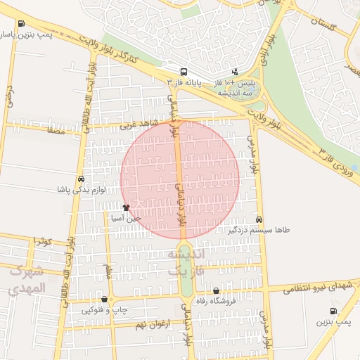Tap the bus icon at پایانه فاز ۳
tap(184, 71)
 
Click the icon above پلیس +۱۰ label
tap(235, 71)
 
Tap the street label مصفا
tap(54, 131)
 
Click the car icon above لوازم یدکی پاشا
tap(82, 179)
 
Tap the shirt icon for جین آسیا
tap(127, 207)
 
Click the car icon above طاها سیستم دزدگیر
tap(259, 219)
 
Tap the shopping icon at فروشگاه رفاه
tap(215, 290)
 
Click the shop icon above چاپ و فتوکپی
tap(105, 299)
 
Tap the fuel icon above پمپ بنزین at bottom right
tap(333, 311)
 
